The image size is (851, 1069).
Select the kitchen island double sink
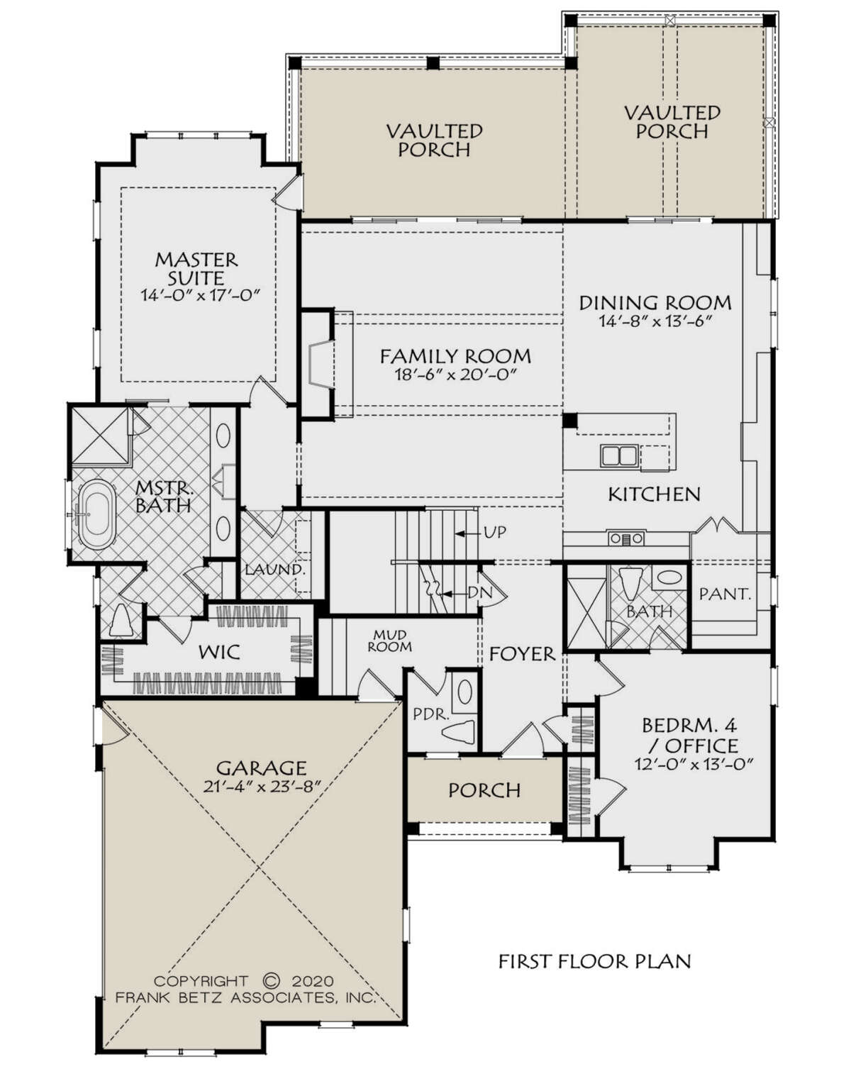pos(619,455)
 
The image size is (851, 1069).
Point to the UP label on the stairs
pos(495,532)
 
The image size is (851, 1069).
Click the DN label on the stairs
pos(479,592)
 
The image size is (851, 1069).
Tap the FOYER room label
pos(522,654)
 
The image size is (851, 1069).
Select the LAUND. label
pos(275,570)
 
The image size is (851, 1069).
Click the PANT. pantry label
pos(725,594)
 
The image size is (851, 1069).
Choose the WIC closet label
pos(219,652)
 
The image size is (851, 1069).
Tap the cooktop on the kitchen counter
pos(627,538)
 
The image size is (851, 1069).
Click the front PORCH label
pos(484,790)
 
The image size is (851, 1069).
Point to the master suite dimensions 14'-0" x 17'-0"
pos(201,295)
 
